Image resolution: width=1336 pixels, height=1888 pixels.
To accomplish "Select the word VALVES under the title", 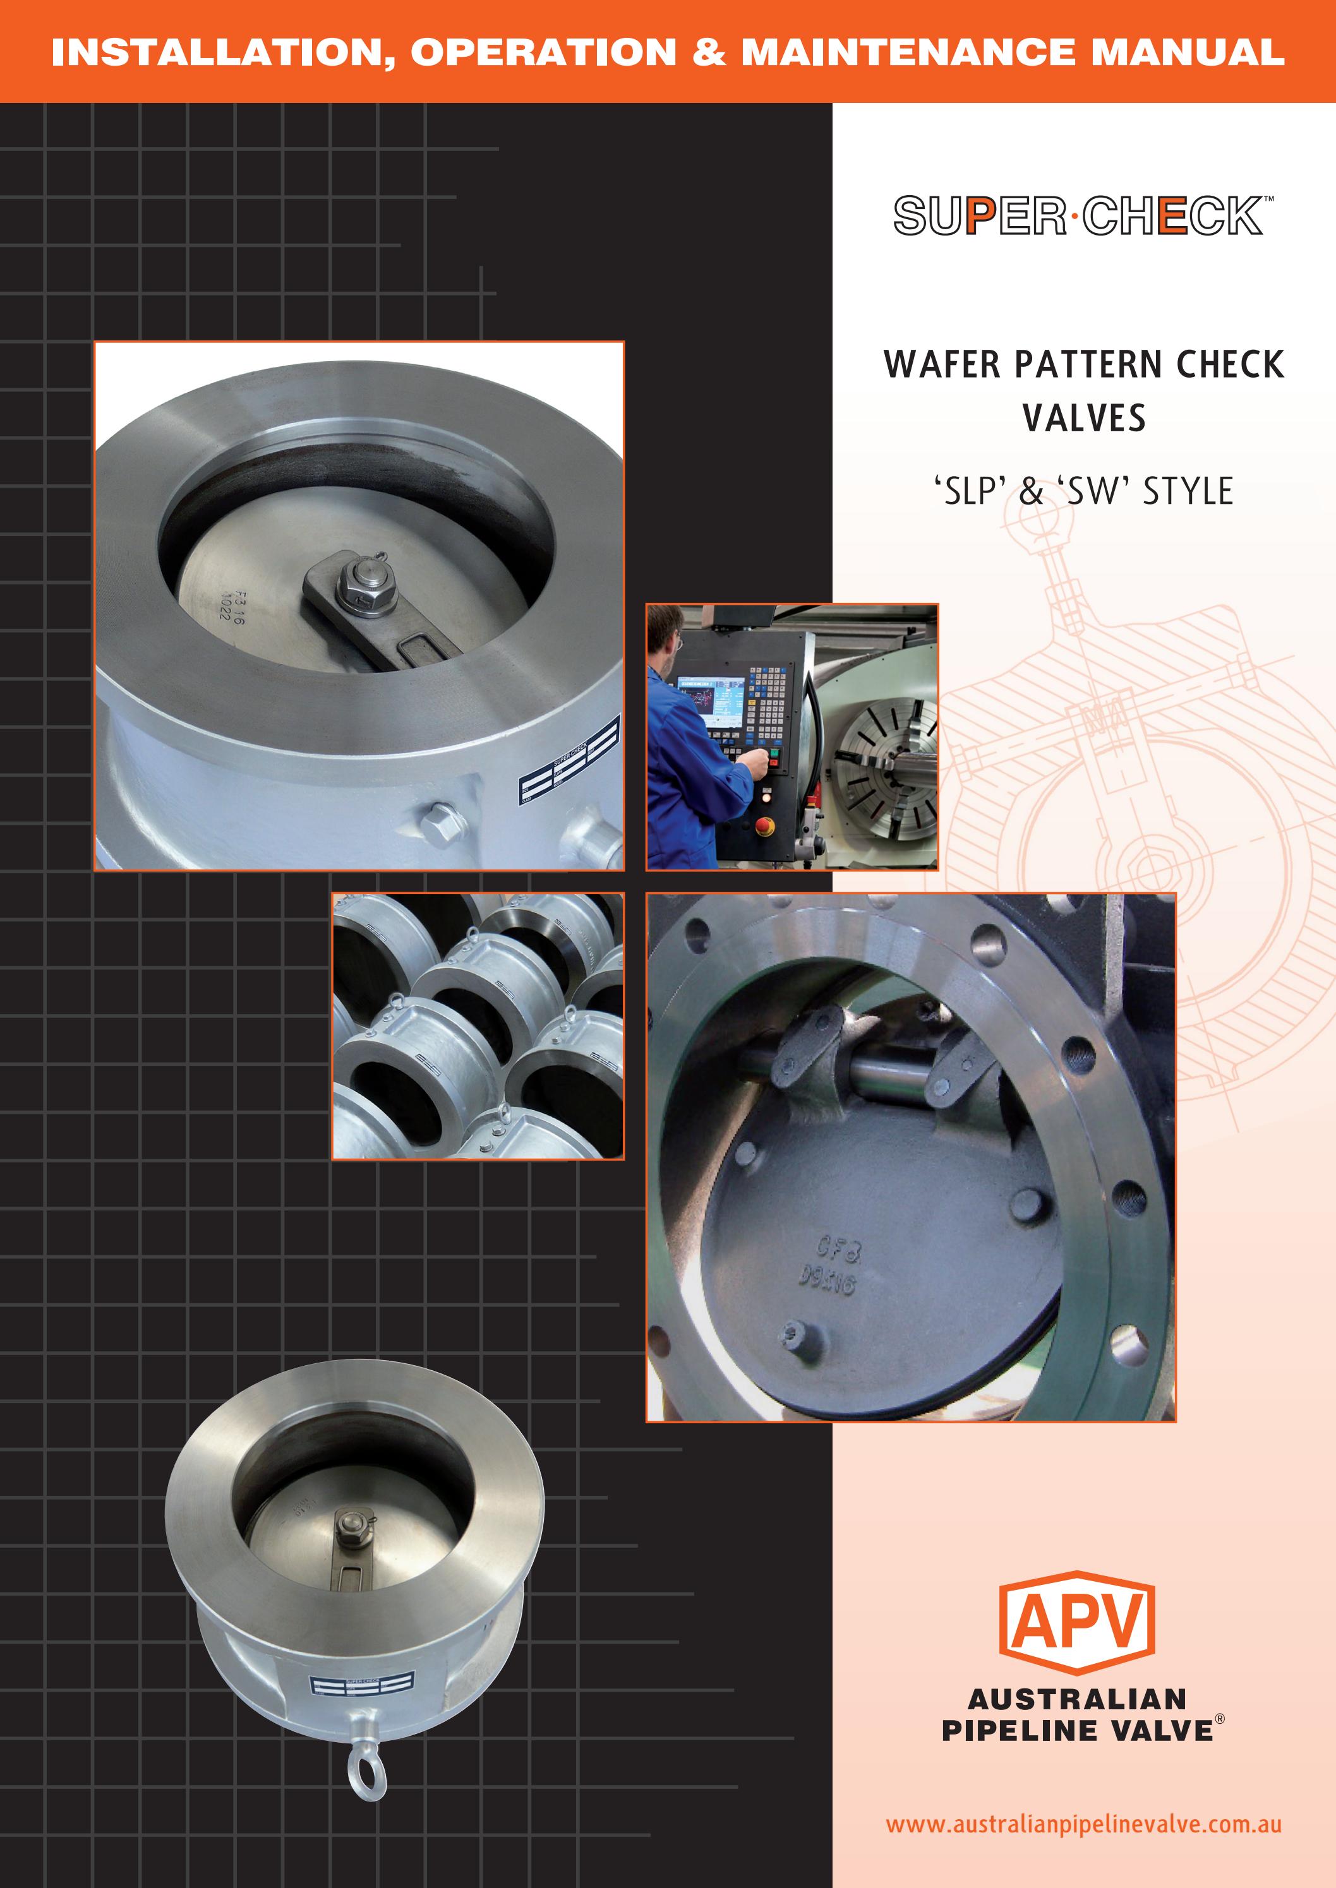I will click(x=1083, y=418).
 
